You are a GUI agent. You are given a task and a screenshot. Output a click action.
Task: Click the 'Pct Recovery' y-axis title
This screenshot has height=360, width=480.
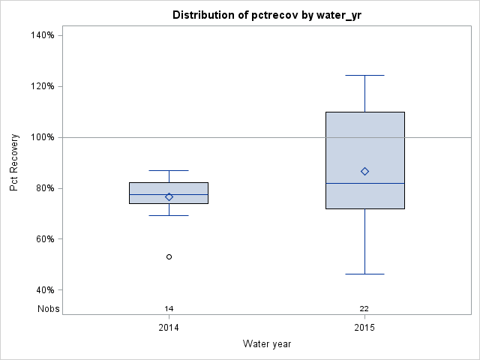[x=15, y=163]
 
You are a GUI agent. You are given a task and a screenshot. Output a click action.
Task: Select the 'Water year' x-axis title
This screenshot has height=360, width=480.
[x=267, y=343]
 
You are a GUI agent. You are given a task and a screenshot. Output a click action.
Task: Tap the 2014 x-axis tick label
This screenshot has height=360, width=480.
[x=169, y=328]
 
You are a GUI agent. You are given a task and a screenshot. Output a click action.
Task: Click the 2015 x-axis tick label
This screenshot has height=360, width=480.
[x=364, y=328]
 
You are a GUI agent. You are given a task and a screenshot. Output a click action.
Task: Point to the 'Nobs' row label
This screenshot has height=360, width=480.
[x=49, y=308]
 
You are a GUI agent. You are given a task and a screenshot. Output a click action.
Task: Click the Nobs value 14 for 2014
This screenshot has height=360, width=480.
[x=169, y=308]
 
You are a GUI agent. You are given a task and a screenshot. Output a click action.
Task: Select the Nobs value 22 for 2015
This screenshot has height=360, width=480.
[x=364, y=308]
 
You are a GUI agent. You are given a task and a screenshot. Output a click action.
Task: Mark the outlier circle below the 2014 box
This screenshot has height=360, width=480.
[x=169, y=256]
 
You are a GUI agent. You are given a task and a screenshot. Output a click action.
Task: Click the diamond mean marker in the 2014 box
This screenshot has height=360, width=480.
[x=169, y=196]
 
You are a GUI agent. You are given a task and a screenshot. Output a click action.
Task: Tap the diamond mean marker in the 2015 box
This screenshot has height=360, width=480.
[x=364, y=171]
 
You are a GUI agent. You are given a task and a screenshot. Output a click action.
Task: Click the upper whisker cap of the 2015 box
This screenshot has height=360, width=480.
[x=364, y=75]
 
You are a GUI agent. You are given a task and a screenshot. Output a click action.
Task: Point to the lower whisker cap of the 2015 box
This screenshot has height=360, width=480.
[x=364, y=274]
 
